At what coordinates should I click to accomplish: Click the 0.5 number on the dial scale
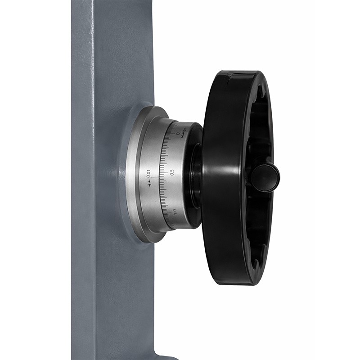pyautogui.click(x=172, y=172)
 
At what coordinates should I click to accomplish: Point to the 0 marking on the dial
pyautogui.click(x=177, y=133)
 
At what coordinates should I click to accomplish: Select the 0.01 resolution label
pyautogui.click(x=148, y=174)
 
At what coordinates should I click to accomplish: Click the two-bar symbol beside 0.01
pyautogui.click(x=149, y=184)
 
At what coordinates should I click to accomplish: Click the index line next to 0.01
pyautogui.click(x=155, y=177)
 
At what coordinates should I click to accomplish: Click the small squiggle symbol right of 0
pyautogui.click(x=184, y=133)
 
